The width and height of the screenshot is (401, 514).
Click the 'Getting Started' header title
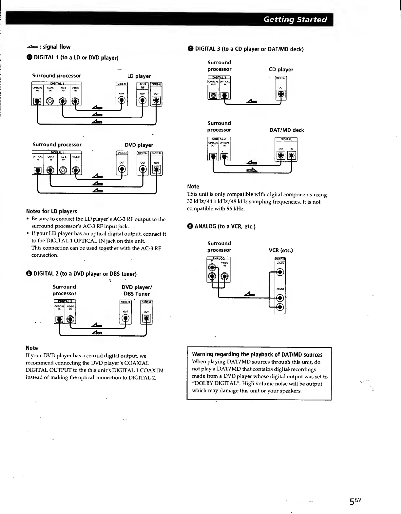[295, 19]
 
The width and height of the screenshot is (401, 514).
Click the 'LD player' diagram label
[139, 76]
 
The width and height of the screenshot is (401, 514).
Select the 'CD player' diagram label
[281, 69]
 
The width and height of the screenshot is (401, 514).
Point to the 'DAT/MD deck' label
[287, 130]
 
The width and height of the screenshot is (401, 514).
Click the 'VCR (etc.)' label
[281, 250]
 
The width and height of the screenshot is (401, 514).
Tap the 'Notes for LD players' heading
[51, 211]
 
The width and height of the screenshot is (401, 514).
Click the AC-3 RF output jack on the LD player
[143, 101]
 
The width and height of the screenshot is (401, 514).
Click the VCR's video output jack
[280, 272]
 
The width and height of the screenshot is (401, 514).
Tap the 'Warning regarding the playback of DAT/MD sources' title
[257, 354]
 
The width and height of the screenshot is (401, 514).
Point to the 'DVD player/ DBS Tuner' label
[137, 290]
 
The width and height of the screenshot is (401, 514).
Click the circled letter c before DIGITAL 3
[190, 49]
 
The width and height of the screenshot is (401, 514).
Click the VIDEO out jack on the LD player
[122, 101]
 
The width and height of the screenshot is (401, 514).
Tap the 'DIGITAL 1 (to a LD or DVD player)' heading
[76, 58]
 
